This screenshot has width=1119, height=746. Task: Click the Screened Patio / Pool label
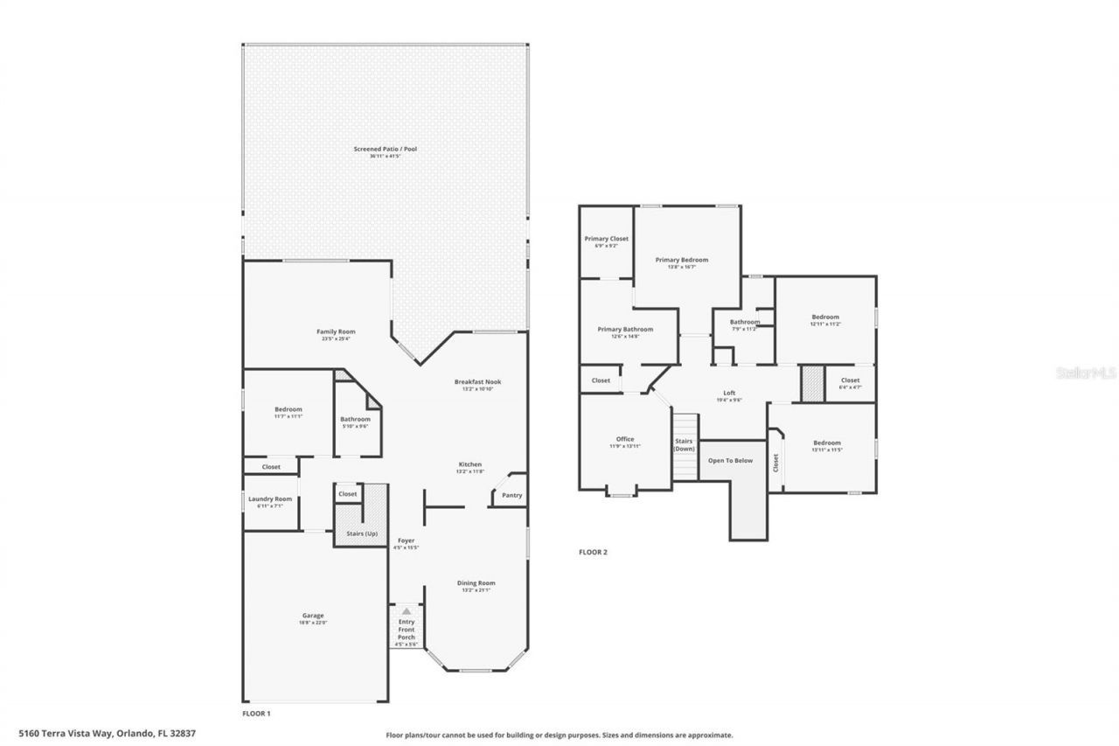385,150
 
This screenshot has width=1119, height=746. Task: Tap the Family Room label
336,331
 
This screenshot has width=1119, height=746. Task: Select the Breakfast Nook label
477,382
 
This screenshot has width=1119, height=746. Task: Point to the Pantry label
511,496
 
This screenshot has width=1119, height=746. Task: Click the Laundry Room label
269,499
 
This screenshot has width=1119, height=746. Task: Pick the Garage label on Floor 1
312,616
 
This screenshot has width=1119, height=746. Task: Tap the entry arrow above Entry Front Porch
406,611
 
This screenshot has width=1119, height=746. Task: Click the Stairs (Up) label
360,533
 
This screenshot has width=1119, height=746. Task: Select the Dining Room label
476,583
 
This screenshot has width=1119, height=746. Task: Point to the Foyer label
406,540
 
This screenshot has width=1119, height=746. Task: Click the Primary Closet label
606,239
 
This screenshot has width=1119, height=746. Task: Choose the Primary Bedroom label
681,260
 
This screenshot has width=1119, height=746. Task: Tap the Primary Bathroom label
625,330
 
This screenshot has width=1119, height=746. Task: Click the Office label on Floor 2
624,439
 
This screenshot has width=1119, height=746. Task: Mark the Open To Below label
730,460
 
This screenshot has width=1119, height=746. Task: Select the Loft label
729,393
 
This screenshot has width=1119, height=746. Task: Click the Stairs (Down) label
684,444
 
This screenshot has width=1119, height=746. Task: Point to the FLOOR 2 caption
593,552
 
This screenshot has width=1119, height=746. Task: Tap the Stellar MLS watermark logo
1086,373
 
